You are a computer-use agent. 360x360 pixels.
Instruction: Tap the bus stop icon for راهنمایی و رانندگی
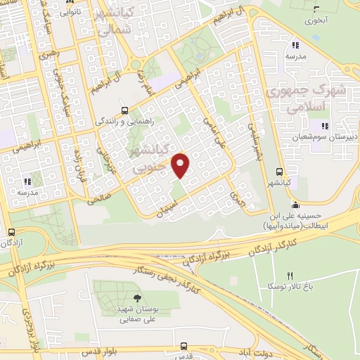pyautogui.click(x=124, y=110)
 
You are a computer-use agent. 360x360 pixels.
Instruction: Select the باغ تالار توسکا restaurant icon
pyautogui.click(x=289, y=275)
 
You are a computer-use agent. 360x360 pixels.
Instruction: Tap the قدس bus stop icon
pyautogui.click(x=184, y=346)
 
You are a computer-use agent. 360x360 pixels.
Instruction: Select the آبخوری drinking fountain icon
pyautogui.click(x=315, y=10)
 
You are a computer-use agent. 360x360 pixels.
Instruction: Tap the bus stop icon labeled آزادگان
pyautogui.click(x=11, y=232)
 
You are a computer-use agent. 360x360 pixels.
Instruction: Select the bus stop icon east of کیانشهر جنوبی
pyautogui.click(x=281, y=172)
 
